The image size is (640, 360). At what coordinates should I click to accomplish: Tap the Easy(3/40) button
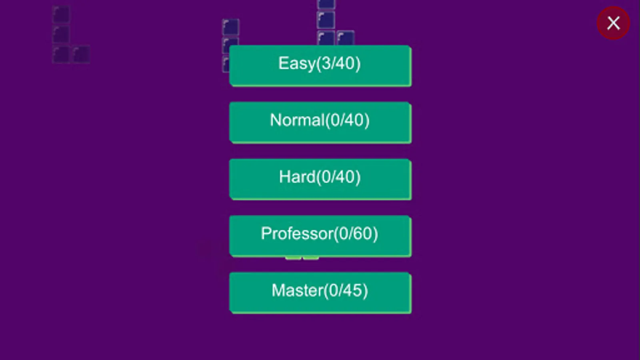320,66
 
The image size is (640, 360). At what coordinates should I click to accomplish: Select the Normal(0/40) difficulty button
320,122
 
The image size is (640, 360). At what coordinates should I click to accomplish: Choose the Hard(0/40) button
320,179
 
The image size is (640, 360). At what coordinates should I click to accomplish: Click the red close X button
613,23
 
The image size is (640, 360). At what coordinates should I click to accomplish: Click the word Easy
296,64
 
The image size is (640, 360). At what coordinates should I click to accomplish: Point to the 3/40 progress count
339,64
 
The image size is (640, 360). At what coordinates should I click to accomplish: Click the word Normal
297,120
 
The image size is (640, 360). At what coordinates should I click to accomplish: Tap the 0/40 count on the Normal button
348,120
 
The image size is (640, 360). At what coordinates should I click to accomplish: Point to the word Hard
297,177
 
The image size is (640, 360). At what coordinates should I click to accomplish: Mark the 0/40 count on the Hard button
339,177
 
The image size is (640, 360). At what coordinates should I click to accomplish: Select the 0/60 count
356,234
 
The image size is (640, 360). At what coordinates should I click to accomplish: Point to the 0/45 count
346,291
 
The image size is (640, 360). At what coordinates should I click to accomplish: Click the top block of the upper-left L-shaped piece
61,15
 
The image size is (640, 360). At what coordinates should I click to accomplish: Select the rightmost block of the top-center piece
346,38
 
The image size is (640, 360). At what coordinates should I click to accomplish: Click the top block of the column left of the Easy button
230,27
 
